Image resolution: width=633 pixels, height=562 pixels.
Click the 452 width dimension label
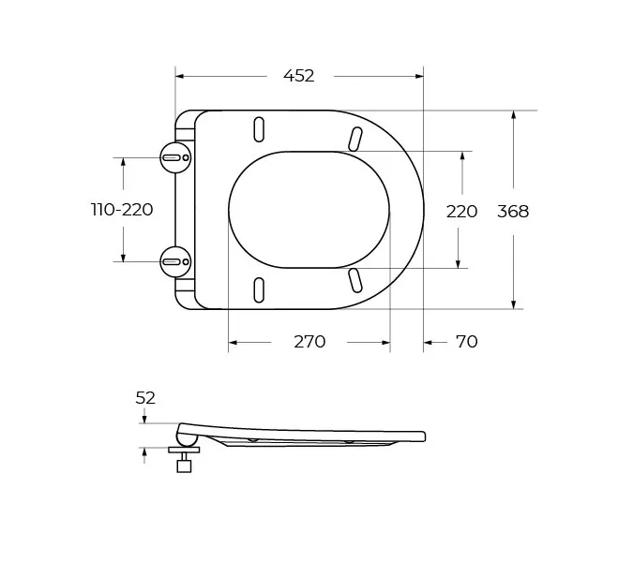tap(299, 76)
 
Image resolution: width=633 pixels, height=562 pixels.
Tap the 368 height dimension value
tap(513, 212)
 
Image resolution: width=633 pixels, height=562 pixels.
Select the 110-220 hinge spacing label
tap(122, 210)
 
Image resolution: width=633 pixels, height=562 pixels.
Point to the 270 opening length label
tap(309, 342)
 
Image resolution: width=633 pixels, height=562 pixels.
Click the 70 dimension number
tap(467, 342)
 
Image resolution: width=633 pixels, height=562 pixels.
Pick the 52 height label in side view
tap(145, 398)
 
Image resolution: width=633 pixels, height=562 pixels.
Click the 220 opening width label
tap(461, 212)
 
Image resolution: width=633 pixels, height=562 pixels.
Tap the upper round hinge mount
tap(175, 157)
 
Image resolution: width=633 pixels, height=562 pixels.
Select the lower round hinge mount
tap(175, 261)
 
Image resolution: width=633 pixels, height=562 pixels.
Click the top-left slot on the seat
tap(259, 129)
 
